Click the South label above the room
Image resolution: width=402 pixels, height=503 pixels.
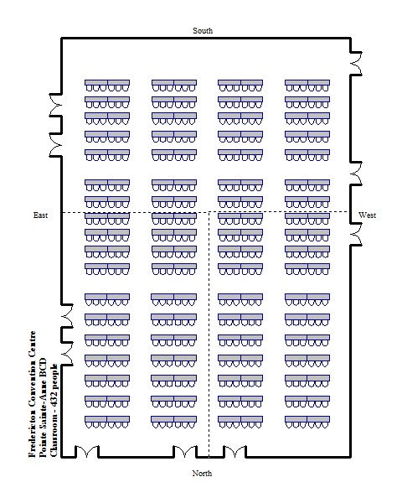click(203, 31)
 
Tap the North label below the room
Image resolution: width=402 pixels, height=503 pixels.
click(202, 473)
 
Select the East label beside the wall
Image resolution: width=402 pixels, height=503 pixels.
click(40, 215)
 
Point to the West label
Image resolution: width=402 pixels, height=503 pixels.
click(367, 215)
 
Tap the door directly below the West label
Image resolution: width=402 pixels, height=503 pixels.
click(356, 234)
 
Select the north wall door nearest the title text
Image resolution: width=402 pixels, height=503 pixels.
click(87, 451)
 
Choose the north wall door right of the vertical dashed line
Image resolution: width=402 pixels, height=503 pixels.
click(234, 451)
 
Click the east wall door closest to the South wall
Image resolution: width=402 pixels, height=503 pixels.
click(55, 105)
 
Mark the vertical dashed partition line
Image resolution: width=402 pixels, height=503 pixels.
click(209, 334)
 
